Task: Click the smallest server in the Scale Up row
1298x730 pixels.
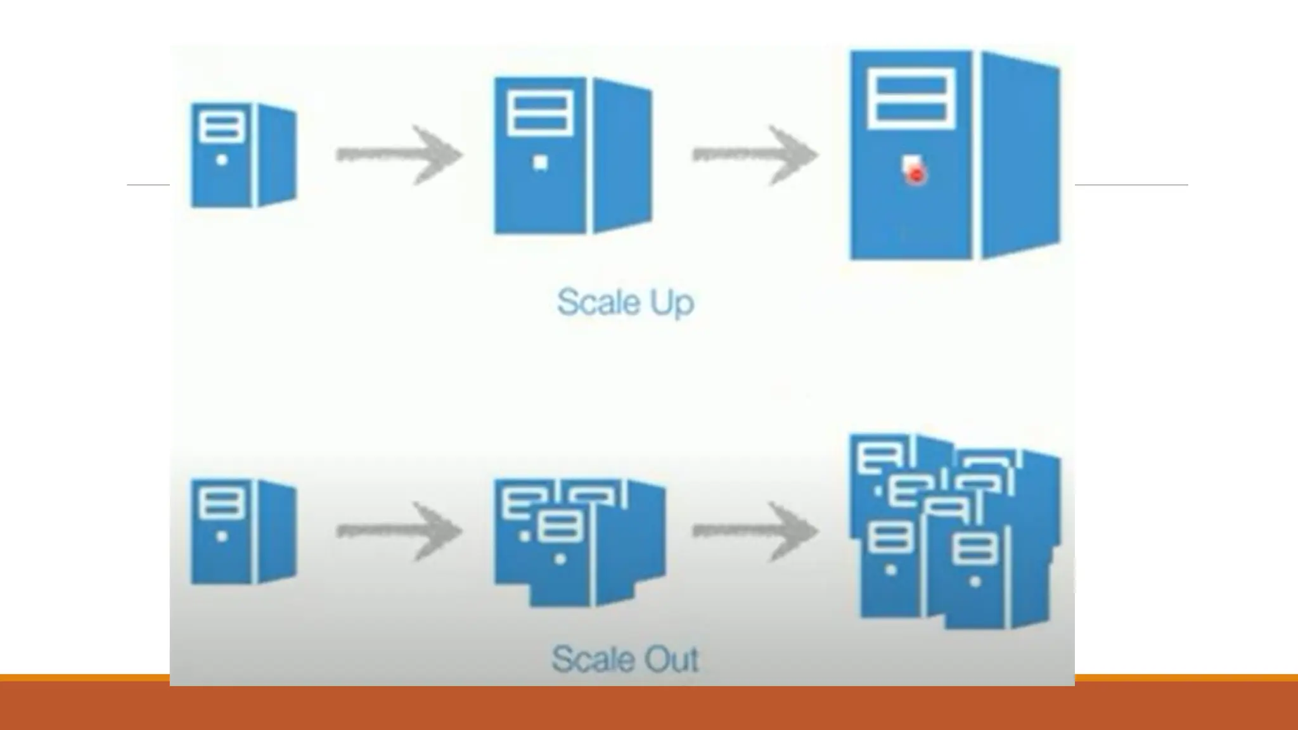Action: (x=243, y=155)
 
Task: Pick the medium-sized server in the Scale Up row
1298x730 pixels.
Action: (x=572, y=156)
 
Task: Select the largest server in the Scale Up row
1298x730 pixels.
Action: (x=954, y=155)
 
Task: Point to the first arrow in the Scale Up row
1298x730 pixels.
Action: (x=399, y=155)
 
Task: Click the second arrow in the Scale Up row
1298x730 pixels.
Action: (x=755, y=155)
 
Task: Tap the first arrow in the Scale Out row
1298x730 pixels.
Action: (x=399, y=531)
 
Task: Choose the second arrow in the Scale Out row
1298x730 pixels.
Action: (x=755, y=531)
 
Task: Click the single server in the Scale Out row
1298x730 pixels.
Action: (x=243, y=531)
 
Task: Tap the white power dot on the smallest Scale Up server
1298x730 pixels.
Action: (x=221, y=160)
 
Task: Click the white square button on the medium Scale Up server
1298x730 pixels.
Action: (x=540, y=163)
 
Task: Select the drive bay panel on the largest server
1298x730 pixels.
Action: (x=911, y=98)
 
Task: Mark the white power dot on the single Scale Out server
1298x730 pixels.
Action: (x=221, y=536)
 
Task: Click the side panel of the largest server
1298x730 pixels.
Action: (x=1020, y=155)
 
